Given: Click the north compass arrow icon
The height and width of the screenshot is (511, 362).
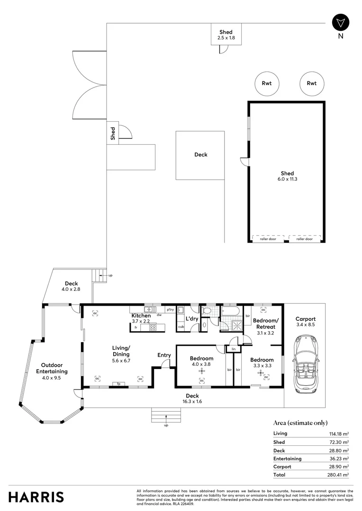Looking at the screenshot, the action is [340, 23].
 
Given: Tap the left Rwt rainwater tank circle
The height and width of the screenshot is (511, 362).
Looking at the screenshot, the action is [267, 83].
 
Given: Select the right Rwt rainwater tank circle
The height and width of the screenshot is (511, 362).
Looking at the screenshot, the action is [311, 83].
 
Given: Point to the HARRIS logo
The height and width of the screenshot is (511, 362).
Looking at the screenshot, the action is [36, 497].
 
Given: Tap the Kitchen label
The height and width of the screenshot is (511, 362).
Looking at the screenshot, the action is [141, 316].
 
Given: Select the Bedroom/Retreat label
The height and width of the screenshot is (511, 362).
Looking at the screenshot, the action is [265, 324].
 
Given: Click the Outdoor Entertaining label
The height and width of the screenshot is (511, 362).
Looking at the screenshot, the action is [52, 368].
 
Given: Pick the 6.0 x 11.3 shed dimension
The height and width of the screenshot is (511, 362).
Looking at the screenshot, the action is [287, 179].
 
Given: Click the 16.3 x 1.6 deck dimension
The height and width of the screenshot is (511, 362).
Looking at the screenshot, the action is [192, 402].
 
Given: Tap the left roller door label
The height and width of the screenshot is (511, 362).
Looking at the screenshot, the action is [268, 239].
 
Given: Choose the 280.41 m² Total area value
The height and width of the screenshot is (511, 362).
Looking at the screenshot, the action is [339, 475].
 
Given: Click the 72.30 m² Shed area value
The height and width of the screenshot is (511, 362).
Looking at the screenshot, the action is [339, 442].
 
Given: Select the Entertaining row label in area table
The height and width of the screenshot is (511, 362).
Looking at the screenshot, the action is [287, 458].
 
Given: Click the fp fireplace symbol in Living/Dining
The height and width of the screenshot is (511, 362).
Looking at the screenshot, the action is [119, 384].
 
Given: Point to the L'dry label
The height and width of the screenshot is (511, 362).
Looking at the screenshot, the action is [192, 319].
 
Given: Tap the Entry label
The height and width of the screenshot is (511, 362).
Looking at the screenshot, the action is [164, 355].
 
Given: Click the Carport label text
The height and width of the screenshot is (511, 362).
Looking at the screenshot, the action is [305, 319].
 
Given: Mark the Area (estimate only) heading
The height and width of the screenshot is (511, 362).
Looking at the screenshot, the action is [300, 423].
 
